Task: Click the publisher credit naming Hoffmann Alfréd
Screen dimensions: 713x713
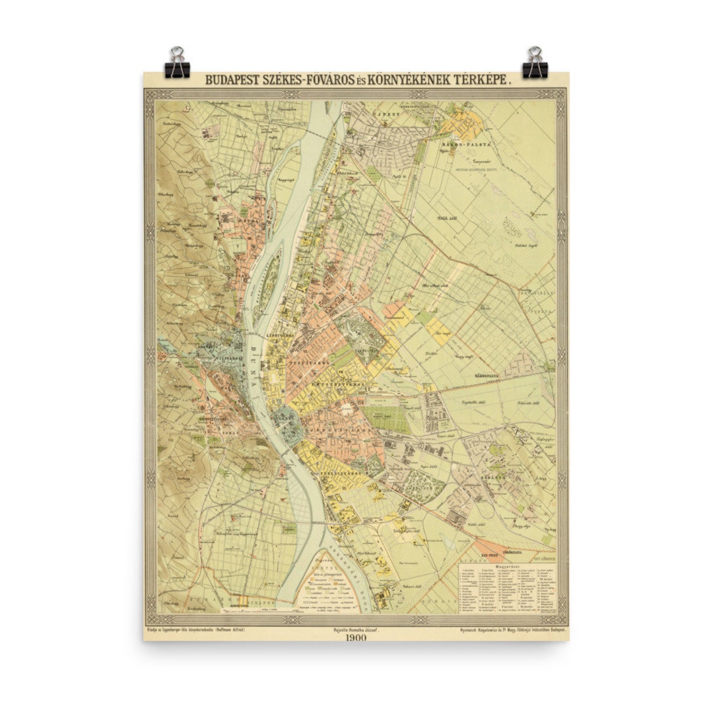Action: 196,630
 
